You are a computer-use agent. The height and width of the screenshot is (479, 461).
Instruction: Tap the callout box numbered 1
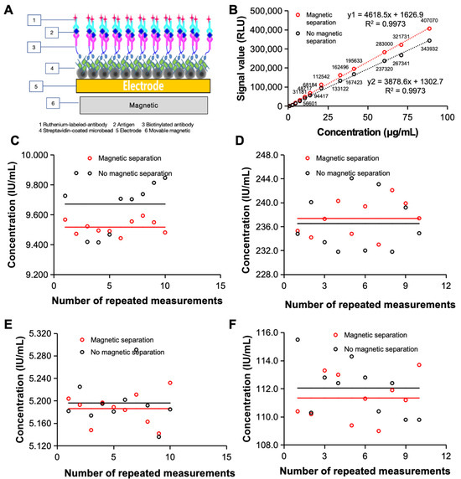(x=12, y=18)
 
